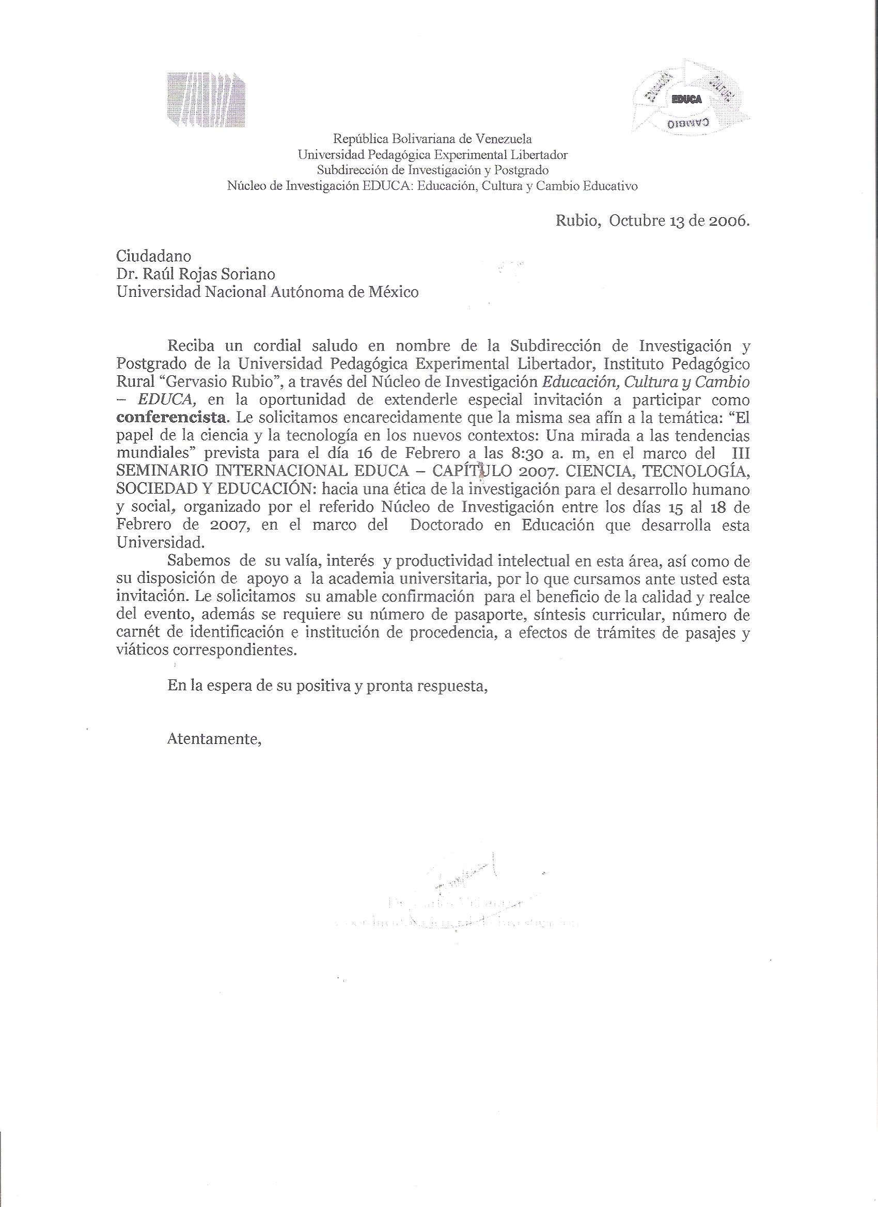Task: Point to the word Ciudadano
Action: [154, 257]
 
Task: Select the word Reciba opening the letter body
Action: [191, 346]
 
